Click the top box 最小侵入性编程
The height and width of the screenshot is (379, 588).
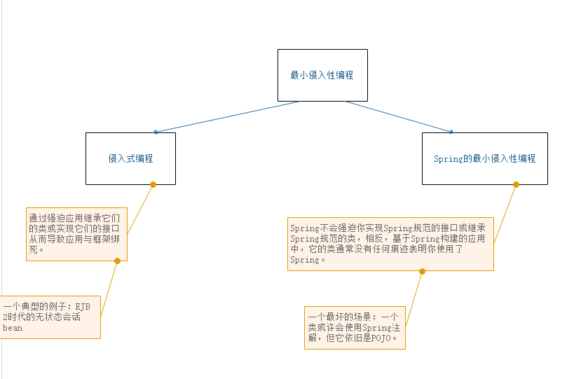click(322, 75)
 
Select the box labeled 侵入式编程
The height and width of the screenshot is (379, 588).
click(130, 158)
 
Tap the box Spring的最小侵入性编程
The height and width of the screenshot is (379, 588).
click(484, 158)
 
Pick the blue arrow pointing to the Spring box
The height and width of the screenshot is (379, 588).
click(399, 117)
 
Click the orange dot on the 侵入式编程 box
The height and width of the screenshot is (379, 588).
click(153, 184)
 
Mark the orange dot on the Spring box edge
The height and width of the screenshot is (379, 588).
click(516, 184)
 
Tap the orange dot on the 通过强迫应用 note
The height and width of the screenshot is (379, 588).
click(117, 261)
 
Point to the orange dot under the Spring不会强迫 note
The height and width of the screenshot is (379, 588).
click(422, 270)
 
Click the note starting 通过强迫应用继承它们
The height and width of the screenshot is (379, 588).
click(77, 234)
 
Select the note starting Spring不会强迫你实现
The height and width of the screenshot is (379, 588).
click(390, 243)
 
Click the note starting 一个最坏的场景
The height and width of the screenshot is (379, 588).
click(354, 327)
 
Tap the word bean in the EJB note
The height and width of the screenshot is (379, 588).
click(13, 328)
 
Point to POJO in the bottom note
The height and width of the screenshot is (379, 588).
click(381, 338)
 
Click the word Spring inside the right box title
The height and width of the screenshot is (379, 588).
click(448, 159)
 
